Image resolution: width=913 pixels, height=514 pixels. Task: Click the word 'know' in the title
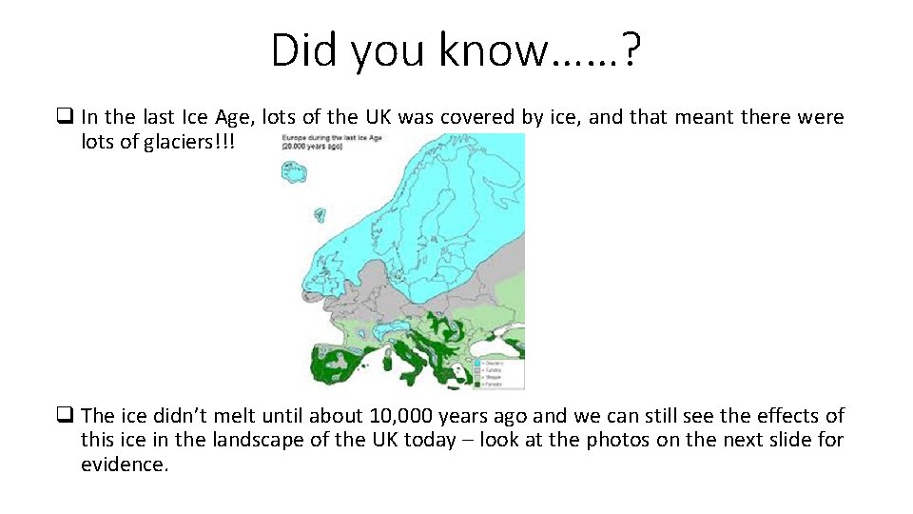493,49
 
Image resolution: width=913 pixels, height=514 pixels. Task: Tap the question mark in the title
631,49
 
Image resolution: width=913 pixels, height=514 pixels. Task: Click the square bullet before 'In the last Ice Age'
66,117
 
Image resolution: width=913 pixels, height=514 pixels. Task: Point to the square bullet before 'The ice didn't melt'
66,416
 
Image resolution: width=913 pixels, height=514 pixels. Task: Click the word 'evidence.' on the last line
125,465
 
